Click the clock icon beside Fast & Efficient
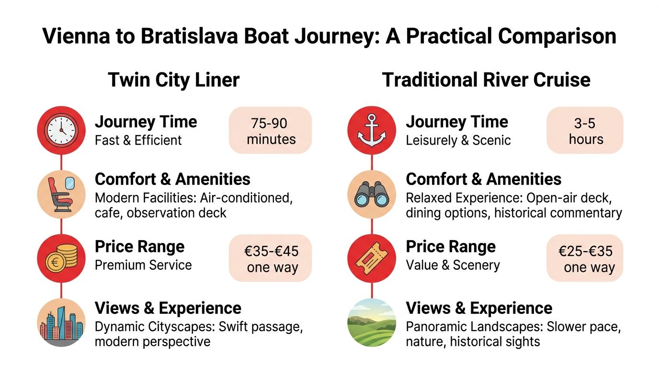tap(61, 130)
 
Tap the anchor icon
tap(372, 130)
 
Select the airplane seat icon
tap(61, 195)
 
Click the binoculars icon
tap(372, 195)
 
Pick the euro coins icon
tap(61, 259)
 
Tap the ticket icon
tap(372, 259)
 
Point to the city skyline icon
tap(61, 322)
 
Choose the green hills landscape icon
tap(372, 322)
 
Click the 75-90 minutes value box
tap(271, 130)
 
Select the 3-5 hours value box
tap(585, 130)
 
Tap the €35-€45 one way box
tap(271, 259)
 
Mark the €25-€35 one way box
tap(585, 259)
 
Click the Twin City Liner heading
tap(173, 80)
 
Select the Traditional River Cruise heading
tap(486, 80)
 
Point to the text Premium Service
tap(143, 265)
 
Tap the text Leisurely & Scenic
tap(458, 140)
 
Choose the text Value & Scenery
tap(453, 265)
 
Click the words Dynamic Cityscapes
tap(154, 327)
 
